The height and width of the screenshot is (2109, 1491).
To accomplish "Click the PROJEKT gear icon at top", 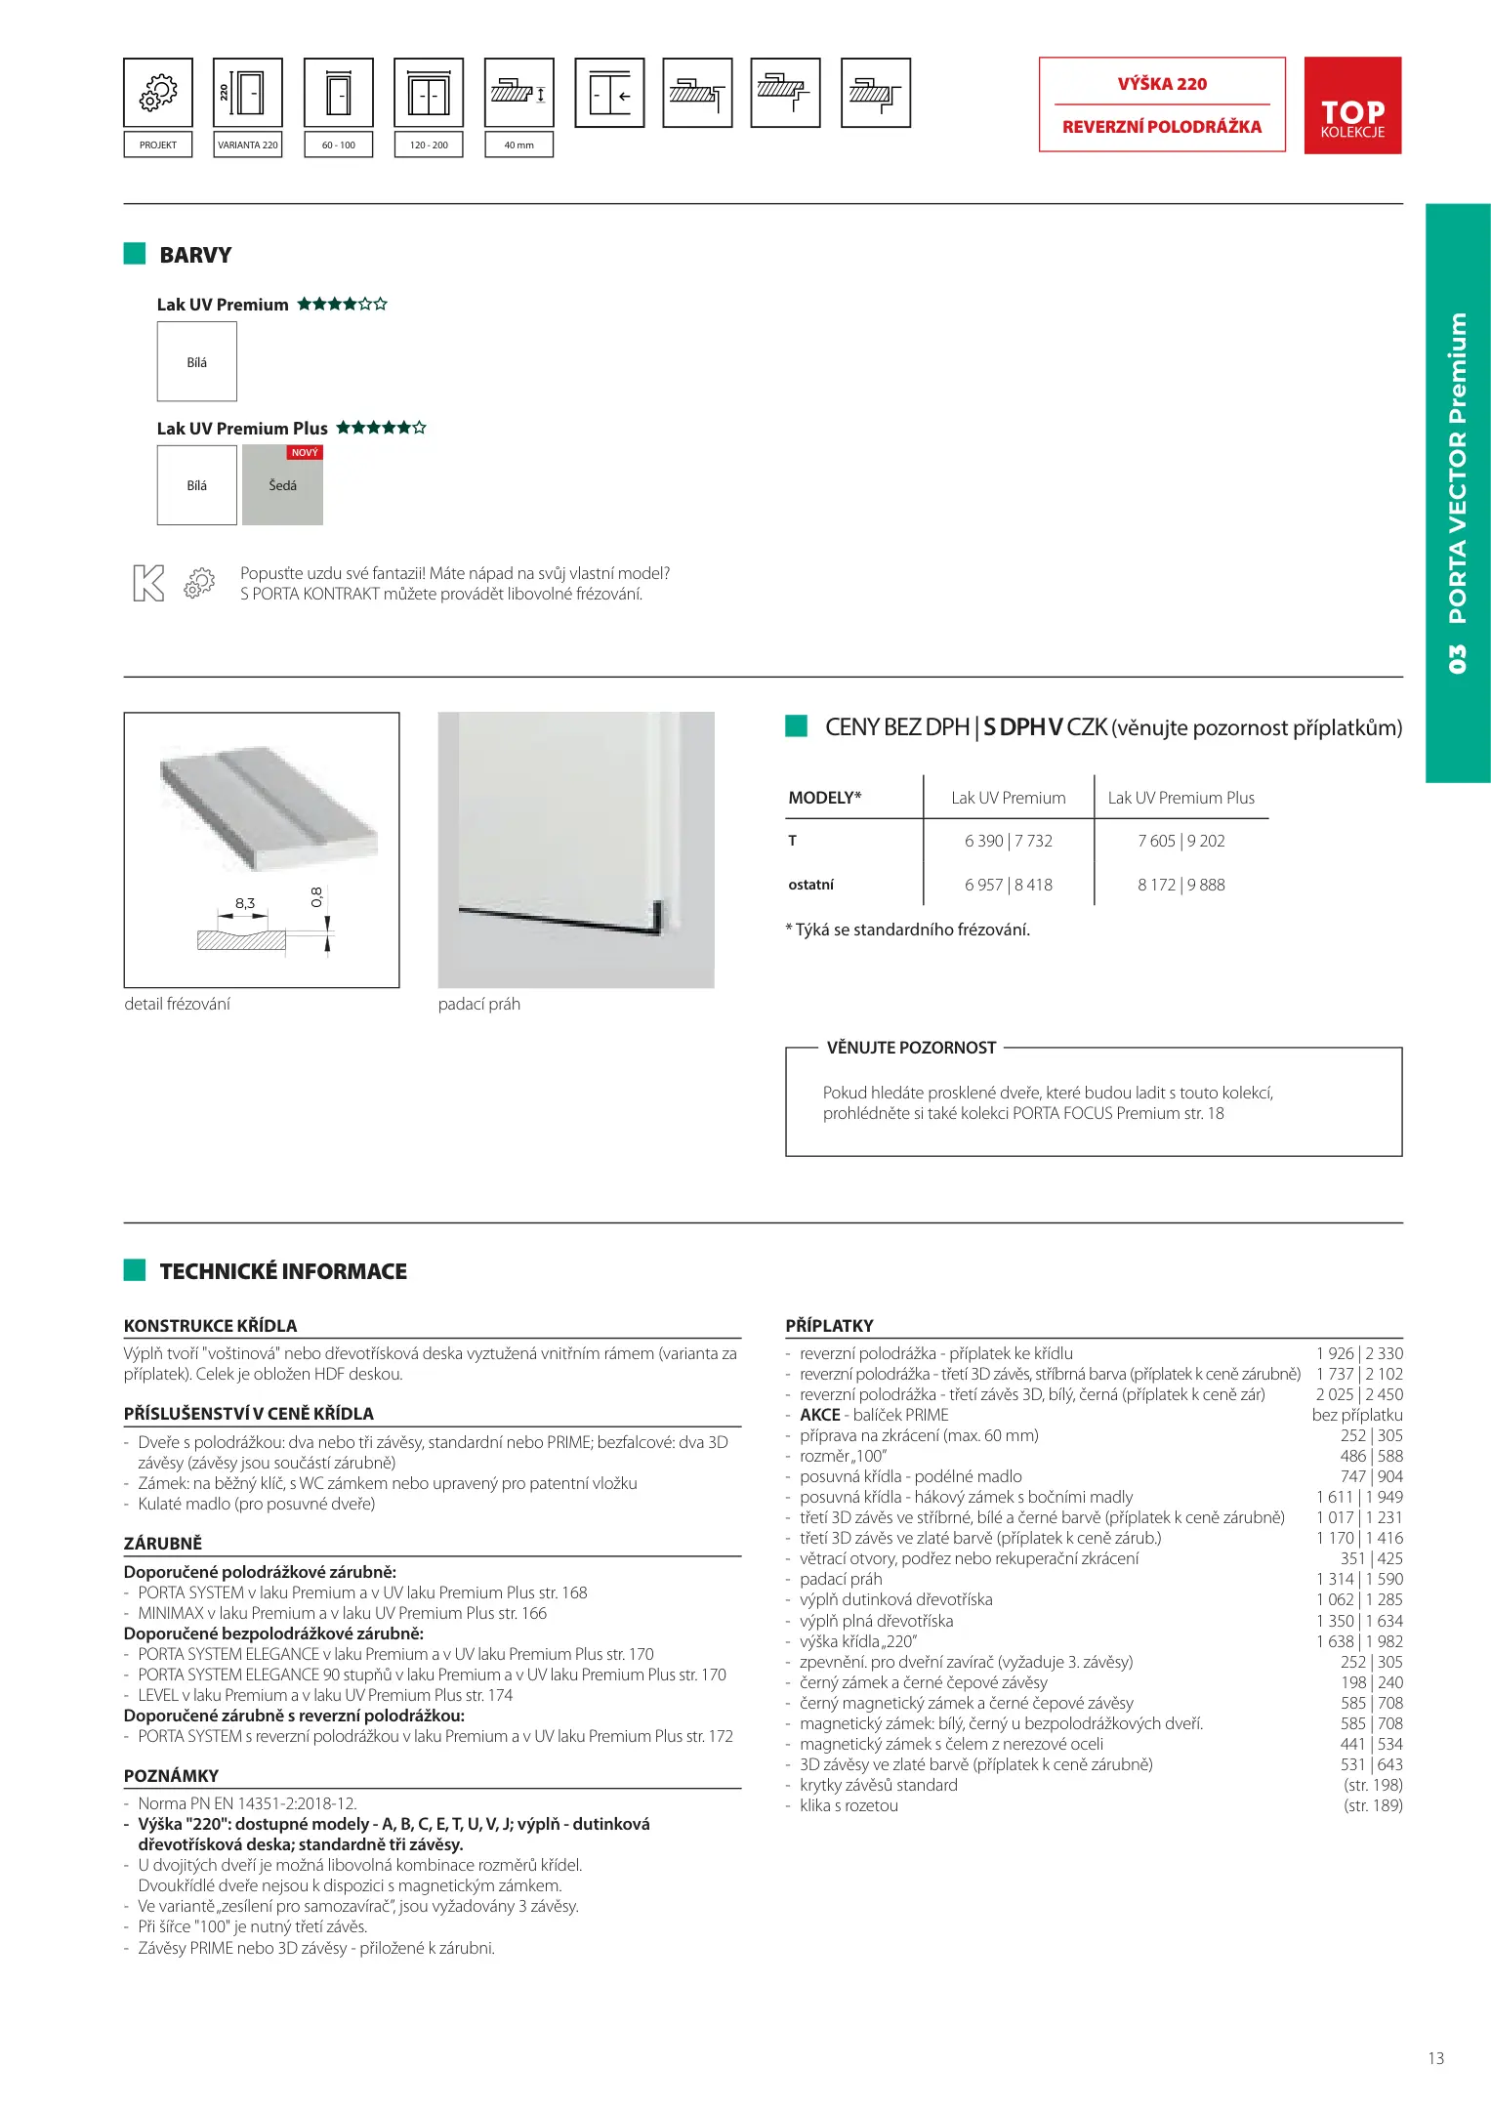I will coord(158,93).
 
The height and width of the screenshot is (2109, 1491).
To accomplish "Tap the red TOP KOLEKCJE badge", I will coord(1352,105).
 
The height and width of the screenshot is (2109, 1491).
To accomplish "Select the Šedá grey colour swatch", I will coord(282,485).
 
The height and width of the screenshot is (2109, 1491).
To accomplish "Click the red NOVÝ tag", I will coord(305,453).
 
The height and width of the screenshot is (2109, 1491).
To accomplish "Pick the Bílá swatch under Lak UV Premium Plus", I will coord(197,485).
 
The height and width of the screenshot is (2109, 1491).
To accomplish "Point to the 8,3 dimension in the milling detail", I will coord(245,903).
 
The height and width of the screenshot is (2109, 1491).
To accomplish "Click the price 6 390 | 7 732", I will coord(1009,841).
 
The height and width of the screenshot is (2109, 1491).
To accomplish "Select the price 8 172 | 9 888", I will coord(1180,885).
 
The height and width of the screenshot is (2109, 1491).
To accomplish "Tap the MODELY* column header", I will coord(825,798).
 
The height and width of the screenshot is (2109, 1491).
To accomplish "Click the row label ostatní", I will coord(811,885).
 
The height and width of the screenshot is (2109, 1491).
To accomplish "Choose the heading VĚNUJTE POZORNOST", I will coord(911,1048).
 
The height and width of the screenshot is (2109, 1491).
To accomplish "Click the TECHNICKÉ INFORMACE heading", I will coord(283,1271).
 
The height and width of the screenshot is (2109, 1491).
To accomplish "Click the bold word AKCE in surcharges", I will coord(820,1415).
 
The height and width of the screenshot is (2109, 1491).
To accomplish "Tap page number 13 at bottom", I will coord(1435,2058).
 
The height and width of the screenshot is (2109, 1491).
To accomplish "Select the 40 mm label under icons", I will coord(518,145).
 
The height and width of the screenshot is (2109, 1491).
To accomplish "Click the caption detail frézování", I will coord(178,1004).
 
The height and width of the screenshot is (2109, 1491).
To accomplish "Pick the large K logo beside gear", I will coord(148,583).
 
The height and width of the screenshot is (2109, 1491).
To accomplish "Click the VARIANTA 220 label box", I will coord(248,145).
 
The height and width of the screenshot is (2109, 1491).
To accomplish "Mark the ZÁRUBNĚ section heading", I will coord(163,1543).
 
